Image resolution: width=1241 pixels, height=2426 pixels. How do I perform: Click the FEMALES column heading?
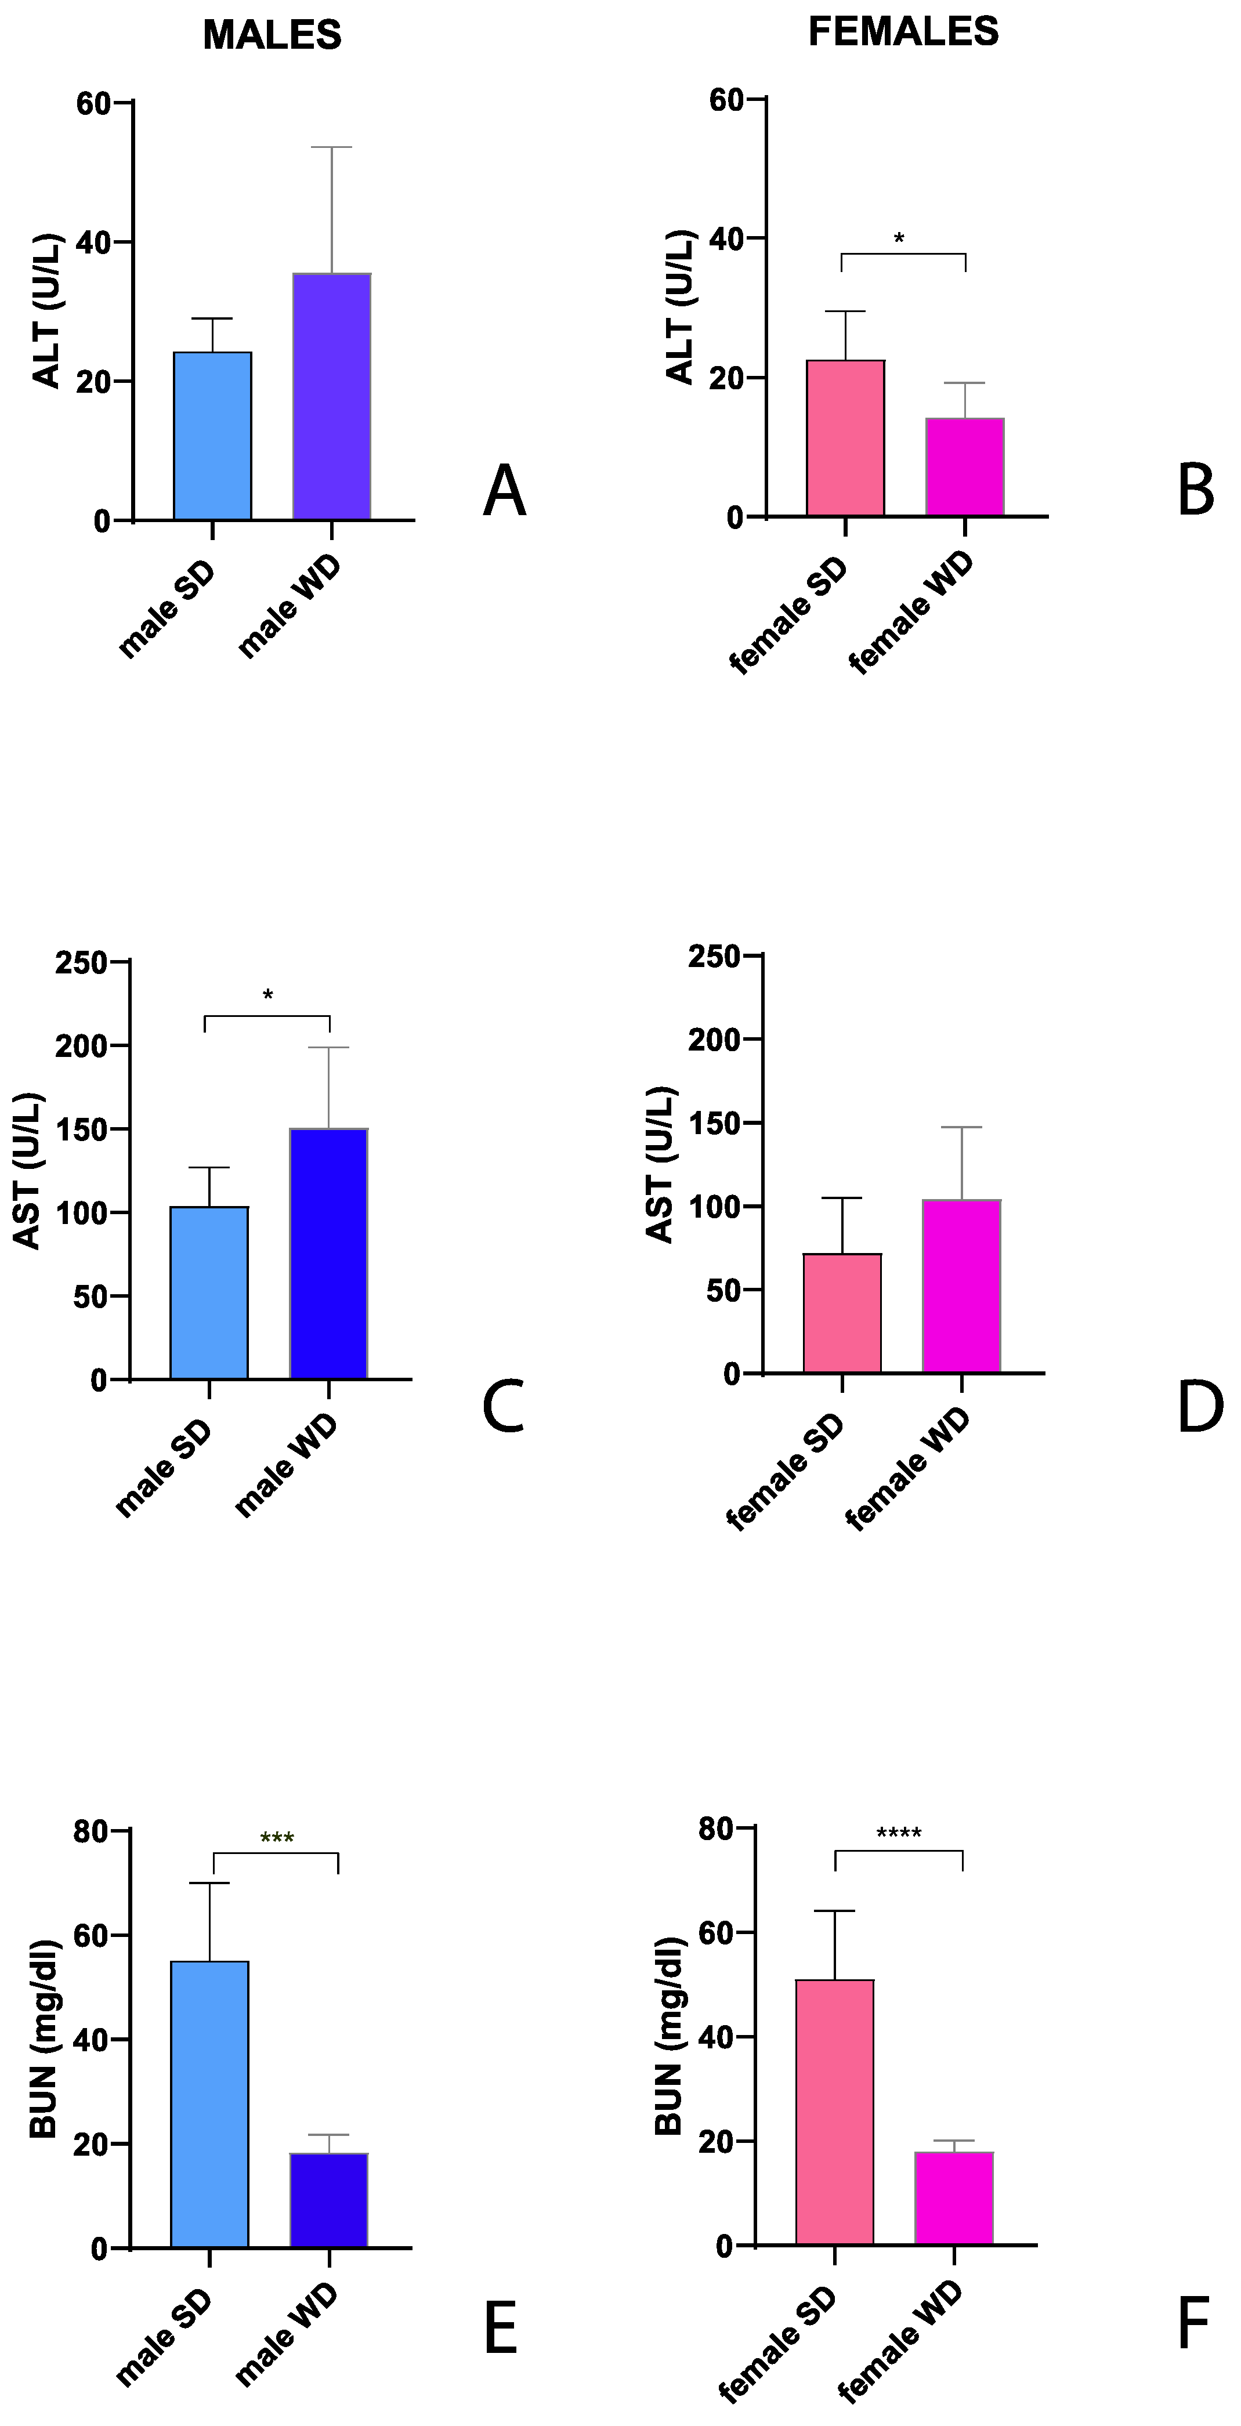pyautogui.click(x=903, y=32)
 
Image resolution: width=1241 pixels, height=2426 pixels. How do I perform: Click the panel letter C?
pyautogui.click(x=503, y=1407)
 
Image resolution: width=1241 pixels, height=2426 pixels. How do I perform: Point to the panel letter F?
pyautogui.click(x=1193, y=2323)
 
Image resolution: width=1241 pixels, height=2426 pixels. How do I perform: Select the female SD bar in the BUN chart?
pyautogui.click(x=834, y=2112)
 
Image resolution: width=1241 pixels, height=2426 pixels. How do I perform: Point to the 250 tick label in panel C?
pyautogui.click(x=81, y=962)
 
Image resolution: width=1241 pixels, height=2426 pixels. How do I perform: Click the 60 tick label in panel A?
pyautogui.click(x=93, y=103)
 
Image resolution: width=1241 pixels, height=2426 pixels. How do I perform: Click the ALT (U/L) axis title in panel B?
pyautogui.click(x=680, y=307)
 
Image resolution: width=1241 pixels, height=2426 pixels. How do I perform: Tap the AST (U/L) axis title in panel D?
pyautogui.click(x=660, y=1164)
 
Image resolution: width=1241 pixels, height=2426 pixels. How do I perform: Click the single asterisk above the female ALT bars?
pyautogui.click(x=899, y=239)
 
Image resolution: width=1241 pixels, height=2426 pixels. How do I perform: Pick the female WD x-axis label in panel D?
pyautogui.click(x=907, y=1469)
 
